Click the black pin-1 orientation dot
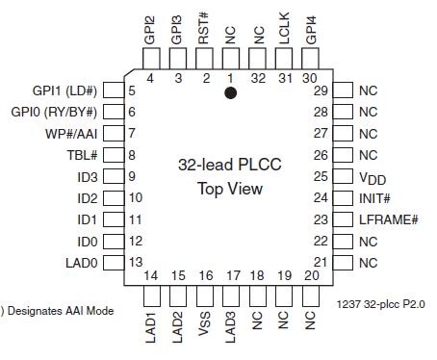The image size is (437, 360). point(231,93)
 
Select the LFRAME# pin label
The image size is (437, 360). point(388,219)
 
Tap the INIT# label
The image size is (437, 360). point(374,198)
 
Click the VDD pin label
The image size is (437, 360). point(371,177)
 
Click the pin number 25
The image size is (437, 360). point(321,176)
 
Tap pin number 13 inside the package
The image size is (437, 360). point(136,262)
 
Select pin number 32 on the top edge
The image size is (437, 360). point(258,77)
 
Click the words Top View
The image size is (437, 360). point(230,188)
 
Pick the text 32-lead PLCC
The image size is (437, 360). point(230,165)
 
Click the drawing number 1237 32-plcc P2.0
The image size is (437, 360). point(381,303)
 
